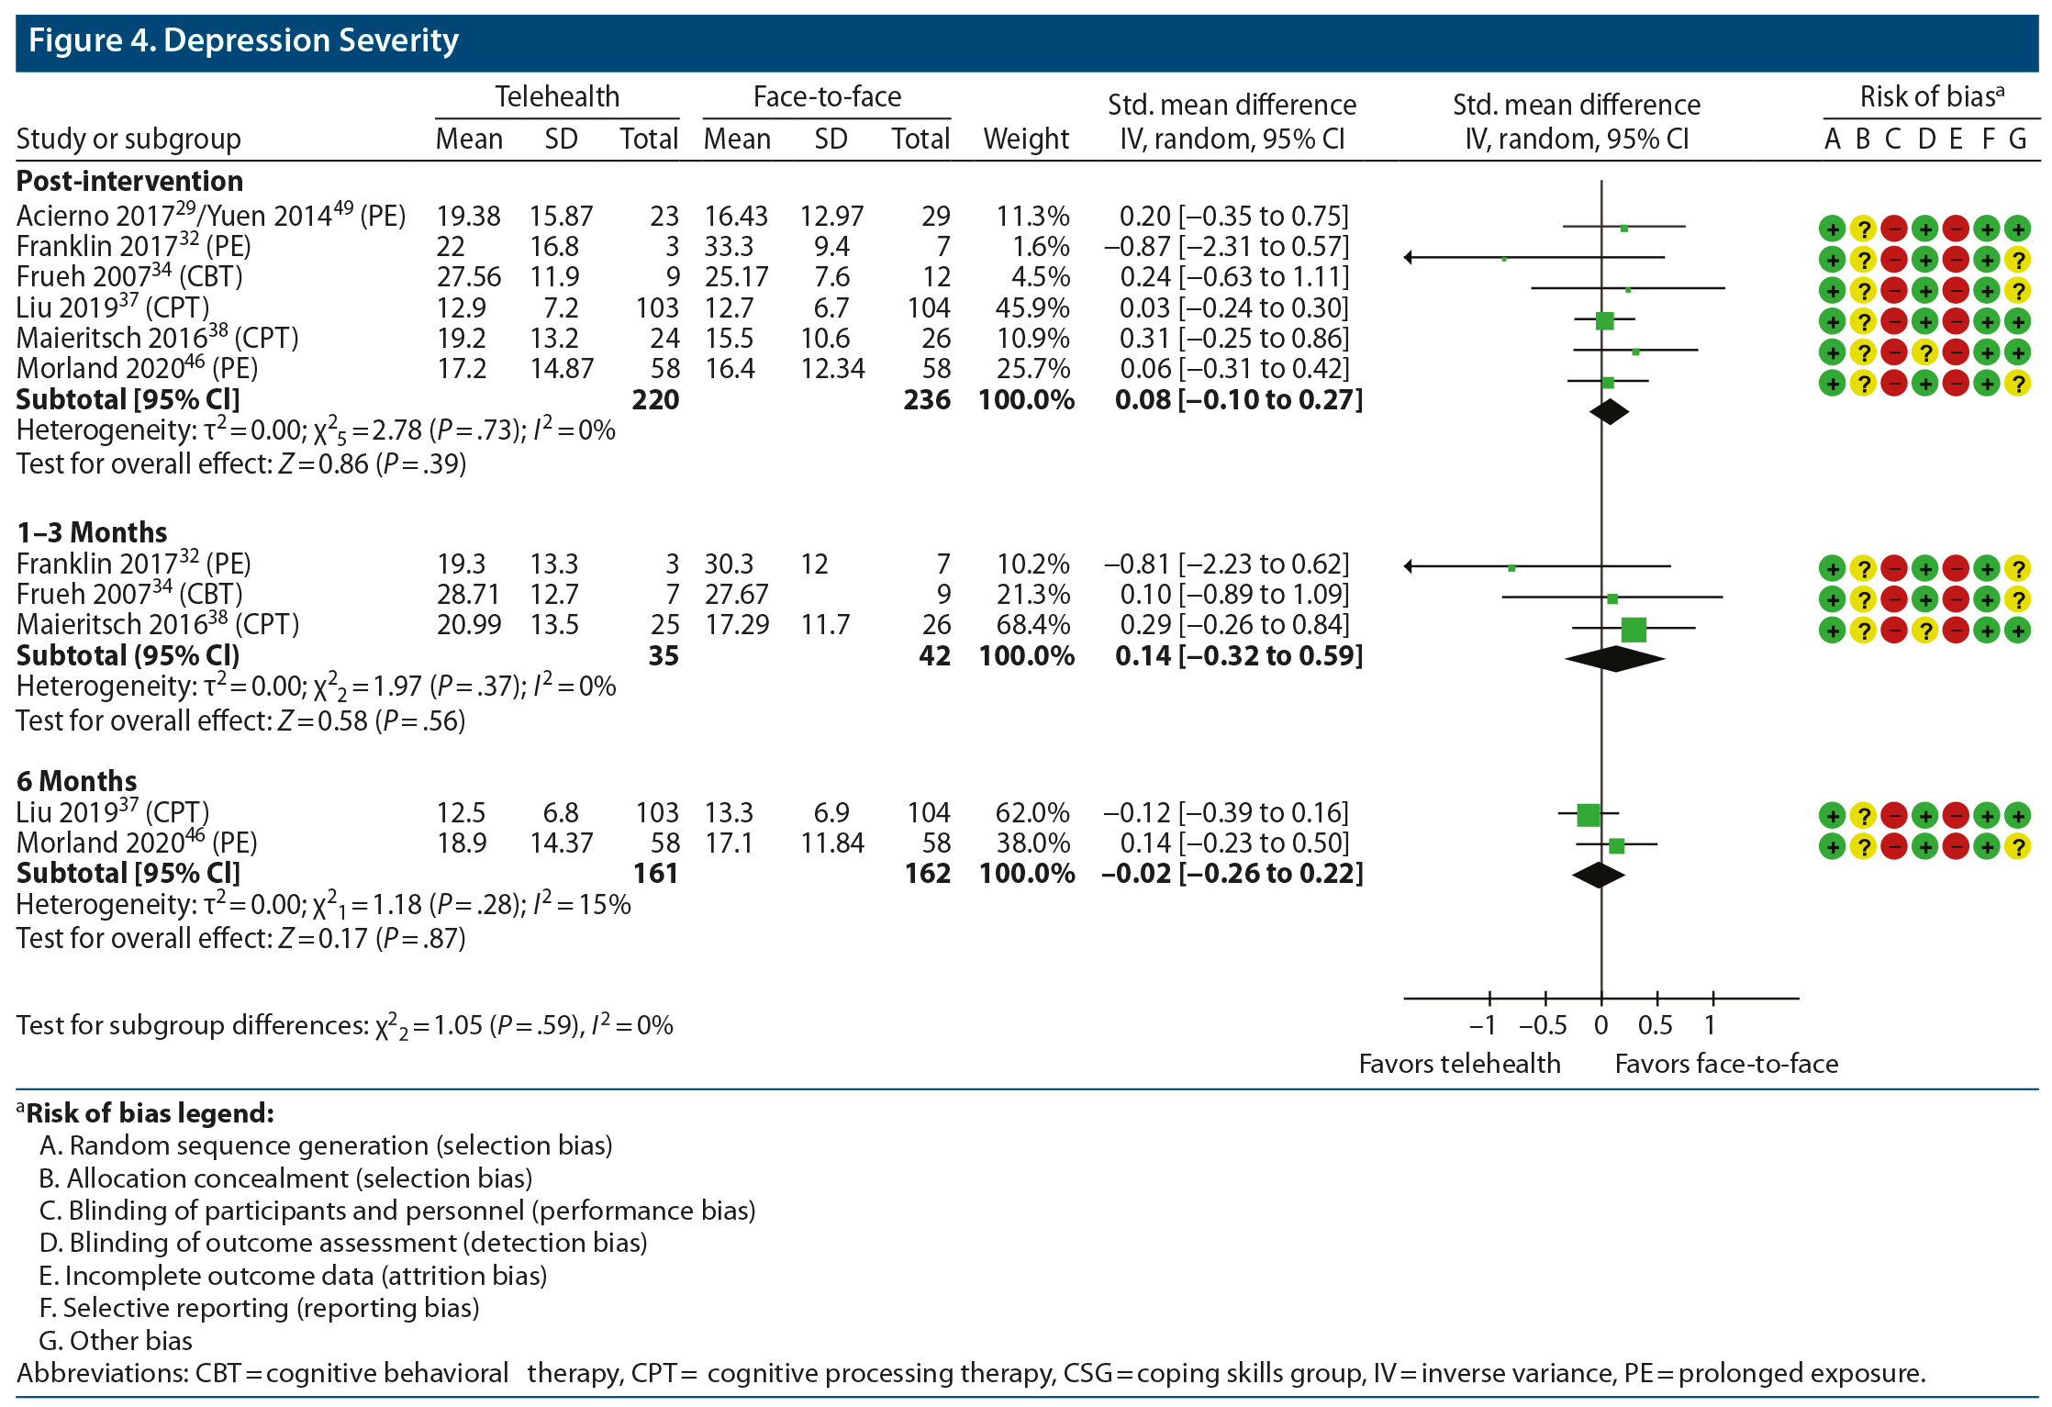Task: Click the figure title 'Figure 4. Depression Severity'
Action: [243, 41]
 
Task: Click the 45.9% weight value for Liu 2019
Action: [1032, 308]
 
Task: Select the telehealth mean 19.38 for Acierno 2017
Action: [468, 217]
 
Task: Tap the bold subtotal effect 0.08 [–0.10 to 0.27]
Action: [1238, 400]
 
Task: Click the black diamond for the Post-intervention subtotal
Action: [1609, 412]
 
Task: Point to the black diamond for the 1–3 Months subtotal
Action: [1615, 658]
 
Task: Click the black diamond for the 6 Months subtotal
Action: [1599, 876]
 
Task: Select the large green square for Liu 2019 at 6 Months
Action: [1589, 814]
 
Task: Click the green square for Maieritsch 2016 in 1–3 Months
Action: [1634, 630]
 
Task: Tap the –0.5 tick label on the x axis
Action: [1543, 1025]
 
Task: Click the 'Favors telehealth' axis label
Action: [1459, 1064]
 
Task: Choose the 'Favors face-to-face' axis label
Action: [1726, 1064]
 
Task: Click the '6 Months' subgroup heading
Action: [77, 781]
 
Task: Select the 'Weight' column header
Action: [1026, 140]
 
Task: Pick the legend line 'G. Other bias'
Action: [116, 1341]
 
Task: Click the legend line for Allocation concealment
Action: [285, 1178]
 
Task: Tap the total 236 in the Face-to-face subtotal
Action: [927, 400]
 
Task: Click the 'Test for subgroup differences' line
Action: [344, 1025]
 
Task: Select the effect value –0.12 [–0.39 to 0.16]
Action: [1226, 813]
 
